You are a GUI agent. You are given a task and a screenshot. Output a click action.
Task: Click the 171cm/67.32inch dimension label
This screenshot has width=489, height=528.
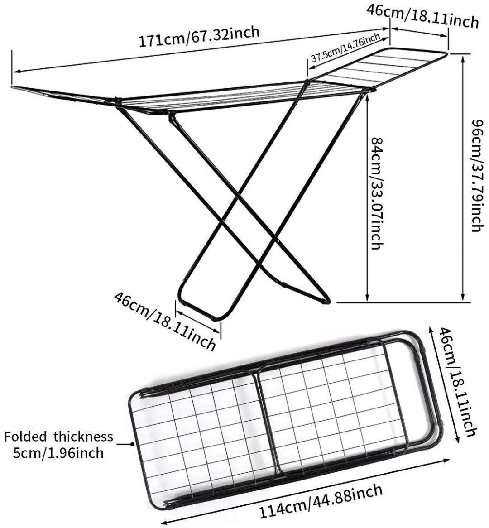[x=199, y=36]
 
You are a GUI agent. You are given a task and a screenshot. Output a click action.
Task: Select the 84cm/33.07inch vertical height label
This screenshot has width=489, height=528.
[x=377, y=193]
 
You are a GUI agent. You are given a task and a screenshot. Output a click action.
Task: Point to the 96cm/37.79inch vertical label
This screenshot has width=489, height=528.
[x=478, y=175]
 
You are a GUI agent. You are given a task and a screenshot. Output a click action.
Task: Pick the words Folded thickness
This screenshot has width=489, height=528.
[x=58, y=437]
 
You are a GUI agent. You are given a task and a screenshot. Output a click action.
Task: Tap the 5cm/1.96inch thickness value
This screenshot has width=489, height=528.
[x=58, y=453]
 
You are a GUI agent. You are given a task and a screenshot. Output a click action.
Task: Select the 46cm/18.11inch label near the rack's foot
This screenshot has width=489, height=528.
[x=165, y=321]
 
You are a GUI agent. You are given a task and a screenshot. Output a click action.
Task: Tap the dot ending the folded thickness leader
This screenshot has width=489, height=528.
[x=132, y=444]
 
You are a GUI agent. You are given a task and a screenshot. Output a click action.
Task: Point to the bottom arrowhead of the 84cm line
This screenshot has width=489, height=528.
[x=367, y=298]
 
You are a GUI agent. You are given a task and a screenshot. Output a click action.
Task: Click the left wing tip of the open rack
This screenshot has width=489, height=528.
[x=13, y=87]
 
